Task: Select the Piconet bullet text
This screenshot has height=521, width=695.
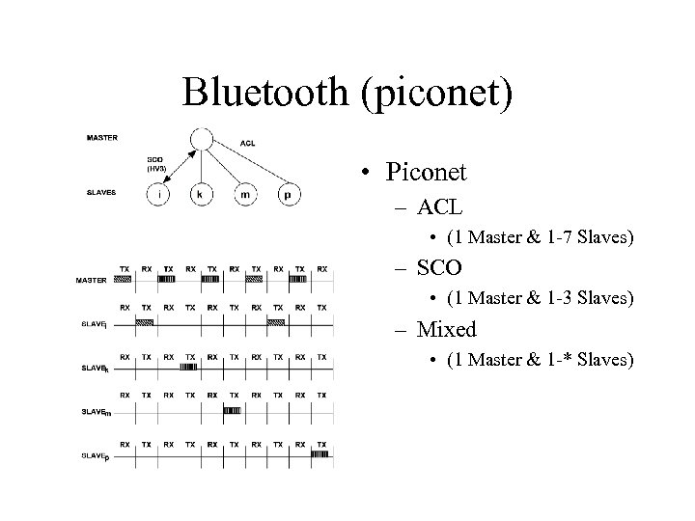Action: [x=425, y=174]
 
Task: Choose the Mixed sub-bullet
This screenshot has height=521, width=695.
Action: [x=447, y=330]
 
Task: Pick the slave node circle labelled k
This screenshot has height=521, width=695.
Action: [x=200, y=195]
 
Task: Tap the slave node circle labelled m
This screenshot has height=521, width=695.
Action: [x=244, y=195]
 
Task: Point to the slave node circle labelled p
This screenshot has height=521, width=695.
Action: [x=288, y=195]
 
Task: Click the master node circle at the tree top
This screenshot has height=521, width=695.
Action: [x=200, y=140]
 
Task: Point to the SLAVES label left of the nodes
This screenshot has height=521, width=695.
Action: [x=100, y=192]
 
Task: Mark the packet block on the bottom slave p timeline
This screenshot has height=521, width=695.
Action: [x=320, y=452]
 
